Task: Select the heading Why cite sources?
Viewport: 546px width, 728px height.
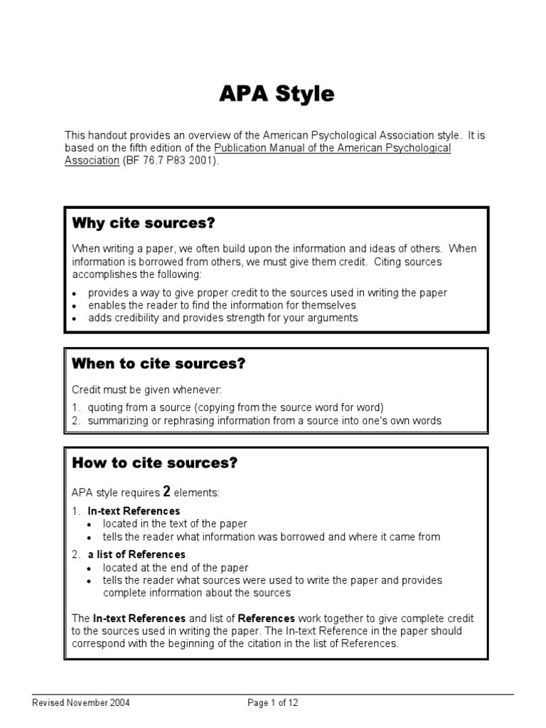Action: [x=143, y=223]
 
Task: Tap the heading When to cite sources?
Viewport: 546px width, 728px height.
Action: [x=159, y=364]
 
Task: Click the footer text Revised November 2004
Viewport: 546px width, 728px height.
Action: [x=81, y=703]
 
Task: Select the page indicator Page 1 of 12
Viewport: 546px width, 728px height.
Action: [x=273, y=703]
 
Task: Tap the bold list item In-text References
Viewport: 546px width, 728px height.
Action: [x=134, y=511]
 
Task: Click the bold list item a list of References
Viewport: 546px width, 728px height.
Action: [x=136, y=554]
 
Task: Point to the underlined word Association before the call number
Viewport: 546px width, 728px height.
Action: [x=92, y=160]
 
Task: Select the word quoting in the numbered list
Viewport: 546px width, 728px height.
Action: [x=105, y=407]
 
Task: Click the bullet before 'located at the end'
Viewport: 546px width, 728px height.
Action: [x=89, y=569]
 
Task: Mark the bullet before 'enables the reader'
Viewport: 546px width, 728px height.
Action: [x=75, y=306]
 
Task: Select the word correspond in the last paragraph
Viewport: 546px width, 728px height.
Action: [x=97, y=644]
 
